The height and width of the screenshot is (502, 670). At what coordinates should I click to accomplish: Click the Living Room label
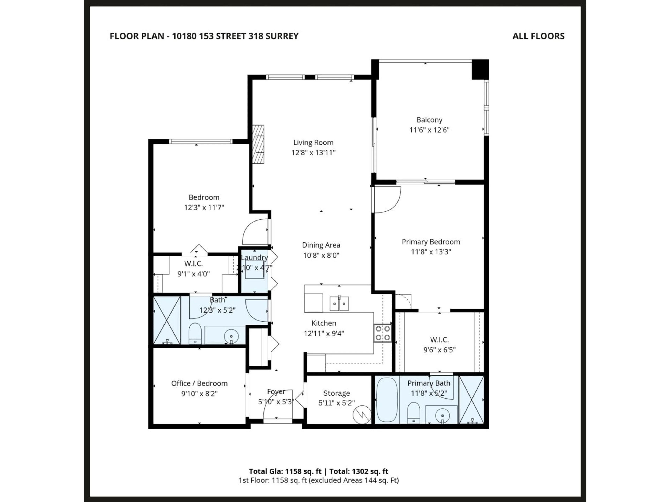313,143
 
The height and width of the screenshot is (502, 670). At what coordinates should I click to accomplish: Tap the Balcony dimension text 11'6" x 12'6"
429,130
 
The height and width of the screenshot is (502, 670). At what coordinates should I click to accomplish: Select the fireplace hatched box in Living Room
258,144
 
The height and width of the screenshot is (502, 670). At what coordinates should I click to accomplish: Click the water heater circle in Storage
362,414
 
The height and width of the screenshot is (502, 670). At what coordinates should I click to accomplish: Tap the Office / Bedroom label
199,383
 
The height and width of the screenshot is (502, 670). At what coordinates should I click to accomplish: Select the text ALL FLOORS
538,36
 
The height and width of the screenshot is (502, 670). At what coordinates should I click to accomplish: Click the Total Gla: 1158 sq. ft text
285,471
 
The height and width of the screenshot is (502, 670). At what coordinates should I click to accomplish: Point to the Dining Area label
321,245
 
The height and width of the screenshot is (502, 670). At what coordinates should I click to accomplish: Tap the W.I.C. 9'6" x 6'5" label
439,345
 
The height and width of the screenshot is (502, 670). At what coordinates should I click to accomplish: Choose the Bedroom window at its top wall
200,141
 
